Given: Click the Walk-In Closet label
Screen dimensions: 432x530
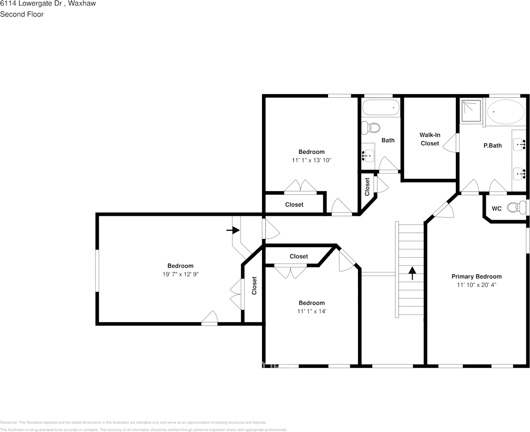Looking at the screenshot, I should [x=429, y=139].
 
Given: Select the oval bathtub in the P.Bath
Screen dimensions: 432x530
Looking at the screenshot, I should [x=505, y=111].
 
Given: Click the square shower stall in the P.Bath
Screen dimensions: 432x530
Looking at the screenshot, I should [x=471, y=112].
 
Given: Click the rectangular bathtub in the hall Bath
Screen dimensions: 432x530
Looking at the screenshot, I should [x=380, y=108].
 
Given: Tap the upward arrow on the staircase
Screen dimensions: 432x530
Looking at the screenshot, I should [x=412, y=273].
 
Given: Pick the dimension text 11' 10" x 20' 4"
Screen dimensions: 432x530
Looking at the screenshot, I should [x=476, y=285].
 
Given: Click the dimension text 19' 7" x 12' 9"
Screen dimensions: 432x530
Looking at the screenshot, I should [x=180, y=274].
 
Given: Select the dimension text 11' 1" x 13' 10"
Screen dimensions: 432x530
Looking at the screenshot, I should [x=312, y=160].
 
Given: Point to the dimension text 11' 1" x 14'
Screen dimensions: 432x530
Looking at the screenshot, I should [x=312, y=311].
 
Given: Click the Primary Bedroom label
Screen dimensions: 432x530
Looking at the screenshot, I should [x=476, y=276].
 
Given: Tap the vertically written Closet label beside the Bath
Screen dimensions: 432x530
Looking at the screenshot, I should [x=367, y=187].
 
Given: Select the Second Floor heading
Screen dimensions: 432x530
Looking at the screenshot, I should [x=22, y=14].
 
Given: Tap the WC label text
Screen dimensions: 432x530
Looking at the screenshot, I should [x=497, y=208].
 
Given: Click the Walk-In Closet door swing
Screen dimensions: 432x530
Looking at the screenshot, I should [x=450, y=142].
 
